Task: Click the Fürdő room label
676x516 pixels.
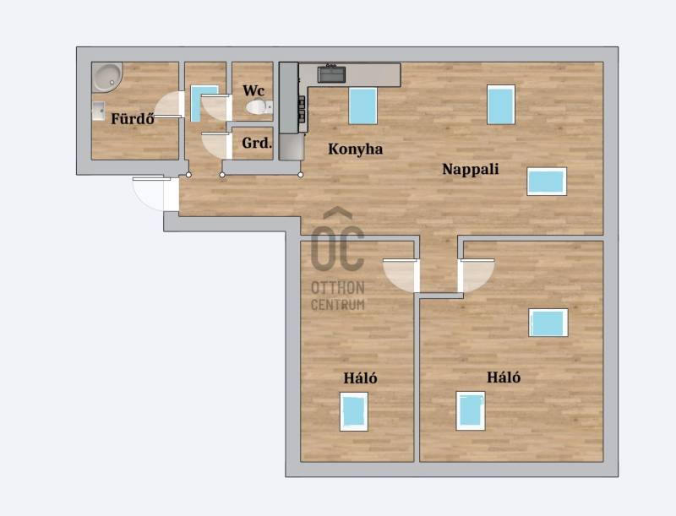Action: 133,118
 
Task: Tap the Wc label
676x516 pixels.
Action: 253,90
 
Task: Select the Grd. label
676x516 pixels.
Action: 257,143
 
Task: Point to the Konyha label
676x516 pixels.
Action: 355,149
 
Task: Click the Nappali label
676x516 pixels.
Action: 471,169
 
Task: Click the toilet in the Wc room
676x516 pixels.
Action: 259,106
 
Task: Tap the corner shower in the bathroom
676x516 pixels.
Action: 107,78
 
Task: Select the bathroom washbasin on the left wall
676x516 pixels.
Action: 98,111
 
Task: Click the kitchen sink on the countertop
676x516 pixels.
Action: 331,74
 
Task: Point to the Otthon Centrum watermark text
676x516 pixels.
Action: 338,296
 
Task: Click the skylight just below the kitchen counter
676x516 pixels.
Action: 363,106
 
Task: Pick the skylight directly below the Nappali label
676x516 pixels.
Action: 547,182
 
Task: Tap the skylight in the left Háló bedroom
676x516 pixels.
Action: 354,411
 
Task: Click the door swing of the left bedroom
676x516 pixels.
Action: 400,274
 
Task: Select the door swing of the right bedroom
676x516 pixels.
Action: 476,274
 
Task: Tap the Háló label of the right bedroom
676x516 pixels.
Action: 504,377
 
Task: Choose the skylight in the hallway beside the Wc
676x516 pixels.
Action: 204,103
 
